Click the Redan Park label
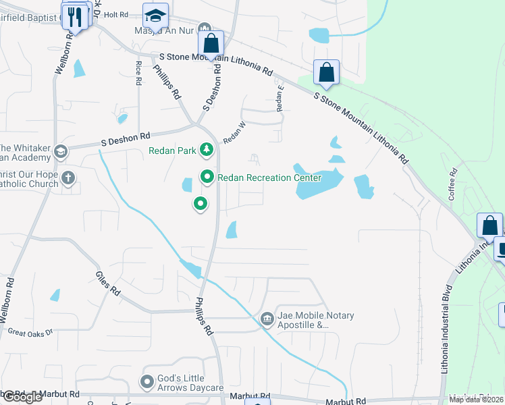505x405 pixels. (172, 150)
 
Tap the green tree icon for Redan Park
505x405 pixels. (207, 150)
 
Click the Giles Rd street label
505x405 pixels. (107, 283)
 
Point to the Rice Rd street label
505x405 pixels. (138, 73)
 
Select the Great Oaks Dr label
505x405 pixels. (29, 332)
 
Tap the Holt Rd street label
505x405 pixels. (116, 14)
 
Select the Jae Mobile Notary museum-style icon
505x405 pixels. (267, 318)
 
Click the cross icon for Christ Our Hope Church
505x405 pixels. (68, 178)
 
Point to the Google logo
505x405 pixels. (22, 397)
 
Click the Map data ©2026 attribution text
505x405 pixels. (477, 400)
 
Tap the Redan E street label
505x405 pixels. (280, 98)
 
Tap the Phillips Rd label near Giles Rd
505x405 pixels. (205, 316)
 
